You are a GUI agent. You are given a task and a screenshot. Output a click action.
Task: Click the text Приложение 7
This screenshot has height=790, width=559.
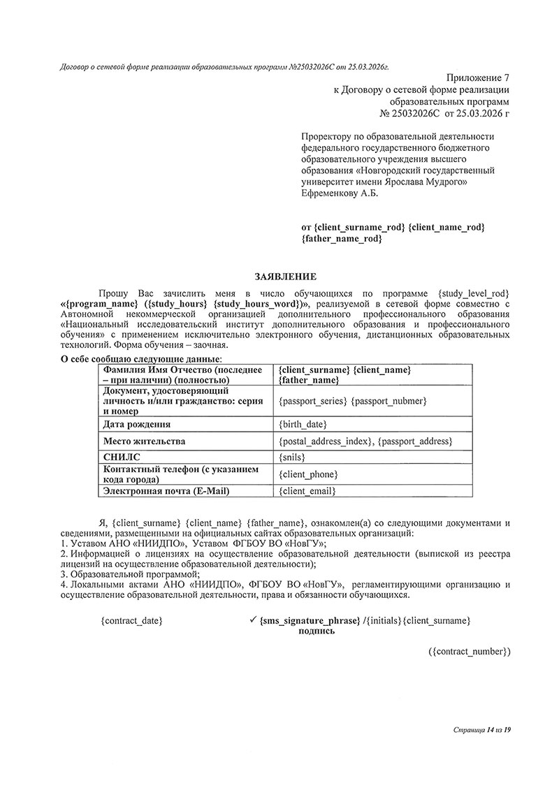pyautogui.click(x=477, y=78)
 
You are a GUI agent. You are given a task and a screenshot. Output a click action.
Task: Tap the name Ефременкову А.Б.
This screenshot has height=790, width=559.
pyautogui.click(x=339, y=193)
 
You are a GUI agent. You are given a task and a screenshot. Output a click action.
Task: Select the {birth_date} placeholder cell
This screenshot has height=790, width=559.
pyautogui.click(x=303, y=424)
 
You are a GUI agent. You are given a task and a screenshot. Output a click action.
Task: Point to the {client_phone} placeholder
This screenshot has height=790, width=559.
pyautogui.click(x=308, y=474)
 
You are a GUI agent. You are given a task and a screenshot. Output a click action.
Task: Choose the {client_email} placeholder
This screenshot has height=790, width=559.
pyautogui.click(x=307, y=491)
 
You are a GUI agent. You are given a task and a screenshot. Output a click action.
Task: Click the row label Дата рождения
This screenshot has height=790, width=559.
pyautogui.click(x=137, y=424)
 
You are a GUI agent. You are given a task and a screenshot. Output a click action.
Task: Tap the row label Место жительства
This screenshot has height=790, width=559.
pyautogui.click(x=144, y=441)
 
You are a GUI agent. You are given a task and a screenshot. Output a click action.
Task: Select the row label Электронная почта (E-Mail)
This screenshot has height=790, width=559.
pyautogui.click(x=166, y=491)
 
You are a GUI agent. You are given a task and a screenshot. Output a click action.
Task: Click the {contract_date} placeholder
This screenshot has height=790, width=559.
pyautogui.click(x=131, y=620)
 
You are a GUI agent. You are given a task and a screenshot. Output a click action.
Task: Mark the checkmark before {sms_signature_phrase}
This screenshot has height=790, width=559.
pyautogui.click(x=253, y=619)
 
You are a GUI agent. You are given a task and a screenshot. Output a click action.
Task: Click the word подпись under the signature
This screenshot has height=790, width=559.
pyautogui.click(x=317, y=631)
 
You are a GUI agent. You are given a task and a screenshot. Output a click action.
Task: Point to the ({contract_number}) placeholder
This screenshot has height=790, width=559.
pyautogui.click(x=470, y=651)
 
